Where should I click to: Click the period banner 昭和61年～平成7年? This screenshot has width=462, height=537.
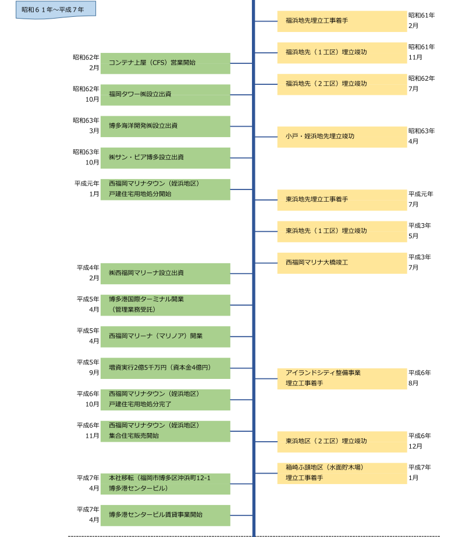(x=55, y=10)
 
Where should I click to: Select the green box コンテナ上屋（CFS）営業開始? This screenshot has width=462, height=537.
(x=165, y=63)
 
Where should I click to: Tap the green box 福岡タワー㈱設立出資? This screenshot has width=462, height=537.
(x=165, y=94)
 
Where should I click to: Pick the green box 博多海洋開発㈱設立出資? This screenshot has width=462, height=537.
(x=165, y=126)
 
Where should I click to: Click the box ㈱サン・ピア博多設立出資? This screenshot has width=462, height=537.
(x=165, y=157)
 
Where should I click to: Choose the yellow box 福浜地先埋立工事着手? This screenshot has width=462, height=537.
(x=342, y=21)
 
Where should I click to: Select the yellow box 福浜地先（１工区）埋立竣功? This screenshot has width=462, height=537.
(x=342, y=52)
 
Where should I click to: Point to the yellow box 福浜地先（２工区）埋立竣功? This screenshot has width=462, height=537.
(x=342, y=84)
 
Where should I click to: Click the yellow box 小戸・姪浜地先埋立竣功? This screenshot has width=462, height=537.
(x=342, y=137)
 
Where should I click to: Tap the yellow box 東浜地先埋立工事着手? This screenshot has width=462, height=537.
(x=342, y=200)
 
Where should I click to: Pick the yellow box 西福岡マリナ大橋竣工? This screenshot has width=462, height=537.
(x=342, y=263)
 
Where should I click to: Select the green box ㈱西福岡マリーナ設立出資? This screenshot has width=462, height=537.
(x=165, y=273)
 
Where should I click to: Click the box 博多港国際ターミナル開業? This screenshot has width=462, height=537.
(x=165, y=305)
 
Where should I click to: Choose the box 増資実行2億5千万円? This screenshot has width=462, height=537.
(x=165, y=368)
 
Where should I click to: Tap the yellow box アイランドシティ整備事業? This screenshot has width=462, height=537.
(x=342, y=378)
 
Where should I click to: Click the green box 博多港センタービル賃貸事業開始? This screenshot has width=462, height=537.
(x=165, y=515)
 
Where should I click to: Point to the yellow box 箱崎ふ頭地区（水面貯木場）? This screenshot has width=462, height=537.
(x=342, y=473)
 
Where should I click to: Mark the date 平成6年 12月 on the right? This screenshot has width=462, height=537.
(x=420, y=441)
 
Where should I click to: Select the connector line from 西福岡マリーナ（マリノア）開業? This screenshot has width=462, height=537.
(x=241, y=336)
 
